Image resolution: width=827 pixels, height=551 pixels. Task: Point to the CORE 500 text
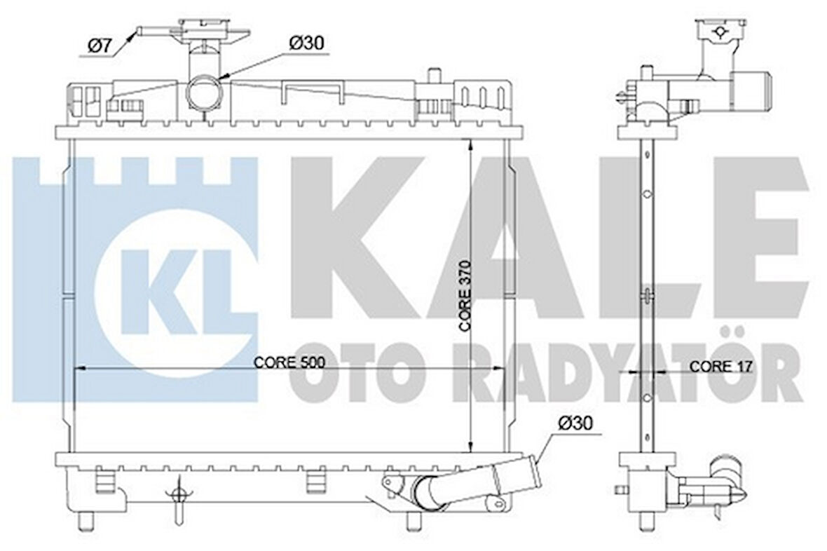[289, 362]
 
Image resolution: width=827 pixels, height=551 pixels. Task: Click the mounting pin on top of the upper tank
[433, 74]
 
